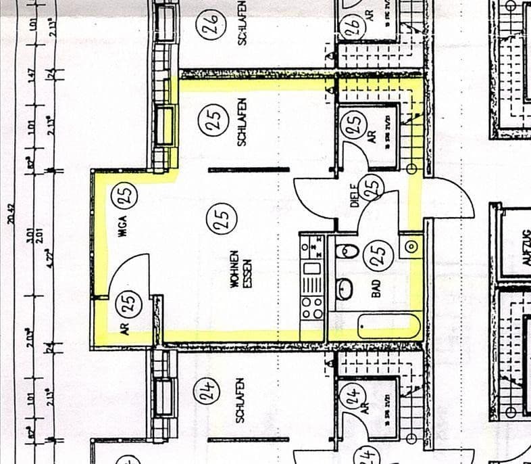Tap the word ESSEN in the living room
[x=247, y=271]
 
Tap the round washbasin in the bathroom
[x=345, y=288]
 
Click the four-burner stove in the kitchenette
[x=312, y=308]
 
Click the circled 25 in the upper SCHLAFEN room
[x=211, y=122]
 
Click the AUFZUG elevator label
[x=526, y=240]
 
